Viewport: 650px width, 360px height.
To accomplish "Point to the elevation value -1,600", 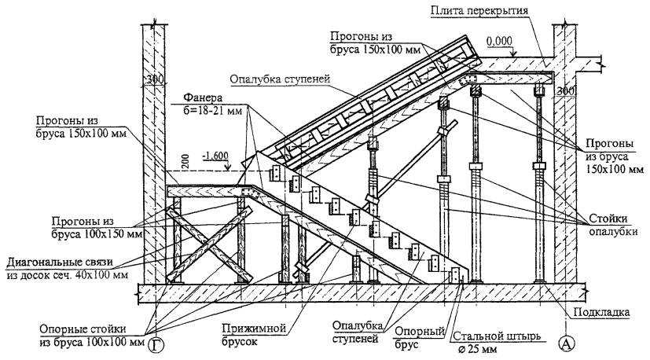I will tap(214, 156).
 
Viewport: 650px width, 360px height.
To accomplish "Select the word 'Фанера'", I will tap(200, 99).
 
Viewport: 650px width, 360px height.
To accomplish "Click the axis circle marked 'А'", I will tap(567, 343).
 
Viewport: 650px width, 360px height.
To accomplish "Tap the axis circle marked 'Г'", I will tap(159, 343).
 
